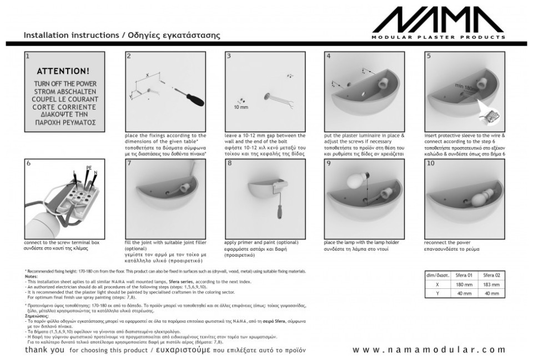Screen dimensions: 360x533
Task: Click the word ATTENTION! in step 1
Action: tap(62, 72)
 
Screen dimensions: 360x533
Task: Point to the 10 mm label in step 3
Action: tap(241, 107)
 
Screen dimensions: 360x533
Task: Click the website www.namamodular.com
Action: tap(429, 349)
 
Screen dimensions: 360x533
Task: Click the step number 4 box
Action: tap(329, 56)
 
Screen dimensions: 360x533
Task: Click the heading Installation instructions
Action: tap(71, 34)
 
